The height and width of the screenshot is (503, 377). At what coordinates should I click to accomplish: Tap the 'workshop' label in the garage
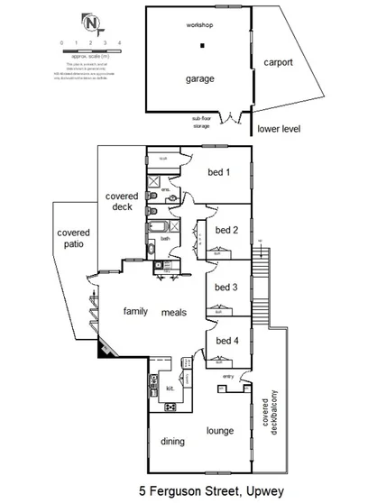coord(200,26)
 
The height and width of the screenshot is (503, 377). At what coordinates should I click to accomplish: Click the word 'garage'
coord(200,79)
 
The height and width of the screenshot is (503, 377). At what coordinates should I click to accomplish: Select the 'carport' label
coord(279,62)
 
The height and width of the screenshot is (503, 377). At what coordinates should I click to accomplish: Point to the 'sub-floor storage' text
coord(207,122)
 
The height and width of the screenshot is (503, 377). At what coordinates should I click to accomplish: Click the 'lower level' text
coord(279,129)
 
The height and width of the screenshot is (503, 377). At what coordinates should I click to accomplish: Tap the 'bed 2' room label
coord(225,230)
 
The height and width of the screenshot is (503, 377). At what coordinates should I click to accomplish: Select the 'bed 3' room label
coord(225,288)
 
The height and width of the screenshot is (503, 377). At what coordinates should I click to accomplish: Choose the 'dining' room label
coord(172,441)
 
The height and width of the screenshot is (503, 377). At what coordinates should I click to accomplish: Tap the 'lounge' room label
coord(221,431)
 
